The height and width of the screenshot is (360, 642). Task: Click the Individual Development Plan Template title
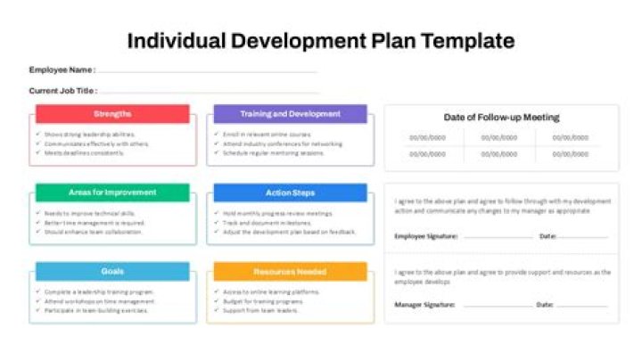coord(321,40)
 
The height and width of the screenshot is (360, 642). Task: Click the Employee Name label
coord(62,70)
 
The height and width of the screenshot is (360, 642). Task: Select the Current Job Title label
coord(63,90)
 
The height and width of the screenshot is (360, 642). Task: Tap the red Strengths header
coord(112,114)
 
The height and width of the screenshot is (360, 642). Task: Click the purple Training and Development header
coord(290,114)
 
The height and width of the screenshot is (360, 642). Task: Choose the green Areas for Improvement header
coord(112,192)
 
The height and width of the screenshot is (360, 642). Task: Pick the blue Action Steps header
coord(290,192)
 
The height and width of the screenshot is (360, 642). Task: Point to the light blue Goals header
coord(112,271)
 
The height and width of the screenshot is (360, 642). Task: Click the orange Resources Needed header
coord(290,271)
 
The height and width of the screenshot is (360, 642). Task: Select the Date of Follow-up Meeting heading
coord(501,117)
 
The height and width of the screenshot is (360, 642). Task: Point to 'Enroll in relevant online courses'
coord(261,135)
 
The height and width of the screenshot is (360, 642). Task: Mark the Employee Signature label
coord(426,237)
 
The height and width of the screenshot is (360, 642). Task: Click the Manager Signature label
coord(424,305)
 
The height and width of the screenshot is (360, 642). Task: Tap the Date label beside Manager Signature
coord(545,305)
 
